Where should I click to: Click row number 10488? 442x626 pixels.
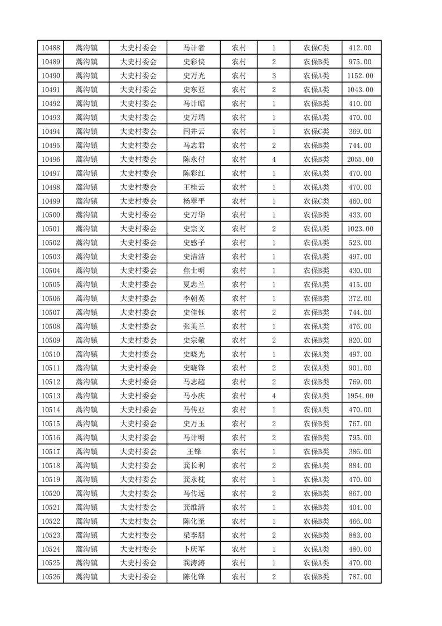coord(51,48)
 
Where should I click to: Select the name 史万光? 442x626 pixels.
coord(194,76)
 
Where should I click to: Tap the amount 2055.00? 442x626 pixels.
coord(360,160)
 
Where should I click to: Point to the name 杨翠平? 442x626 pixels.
coord(194,201)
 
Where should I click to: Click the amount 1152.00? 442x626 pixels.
coord(360,76)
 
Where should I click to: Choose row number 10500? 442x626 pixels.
coord(51,215)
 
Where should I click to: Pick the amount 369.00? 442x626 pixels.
coord(360,132)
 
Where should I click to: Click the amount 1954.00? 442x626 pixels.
coord(360,396)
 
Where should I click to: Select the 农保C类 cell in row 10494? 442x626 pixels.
coord(316,132)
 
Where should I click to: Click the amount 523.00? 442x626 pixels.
coord(360,243)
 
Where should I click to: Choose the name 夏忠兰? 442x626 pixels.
coord(194,285)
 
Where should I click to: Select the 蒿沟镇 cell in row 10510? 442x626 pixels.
coord(86,354)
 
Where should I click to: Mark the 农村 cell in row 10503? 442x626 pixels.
coord(239,257)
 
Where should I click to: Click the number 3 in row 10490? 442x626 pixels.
coord(274,76)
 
